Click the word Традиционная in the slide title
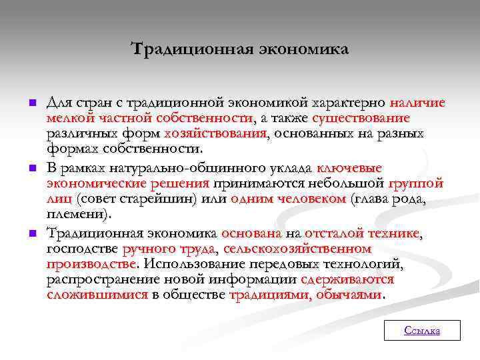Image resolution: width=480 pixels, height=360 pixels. [175, 49]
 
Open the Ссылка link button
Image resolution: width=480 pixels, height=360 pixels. [422, 331]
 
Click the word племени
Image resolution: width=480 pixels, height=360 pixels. [79, 214]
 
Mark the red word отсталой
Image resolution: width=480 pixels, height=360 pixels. [327, 233]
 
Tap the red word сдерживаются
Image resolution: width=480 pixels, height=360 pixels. [347, 279]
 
